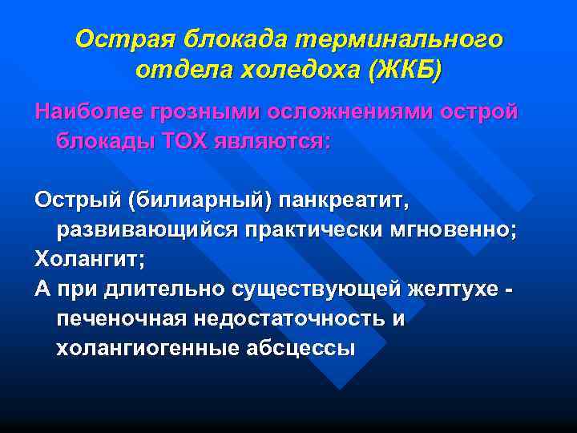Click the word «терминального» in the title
point(402,40)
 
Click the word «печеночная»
point(119,318)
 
